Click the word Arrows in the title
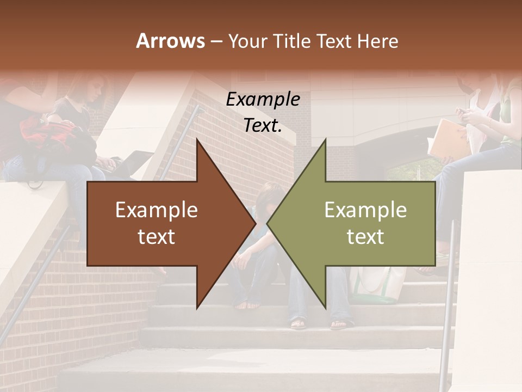(170, 41)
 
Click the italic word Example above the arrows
(263, 100)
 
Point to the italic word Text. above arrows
(263, 126)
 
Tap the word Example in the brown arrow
(157, 210)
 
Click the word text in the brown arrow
(157, 237)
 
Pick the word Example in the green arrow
(365, 210)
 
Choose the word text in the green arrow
(365, 237)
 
